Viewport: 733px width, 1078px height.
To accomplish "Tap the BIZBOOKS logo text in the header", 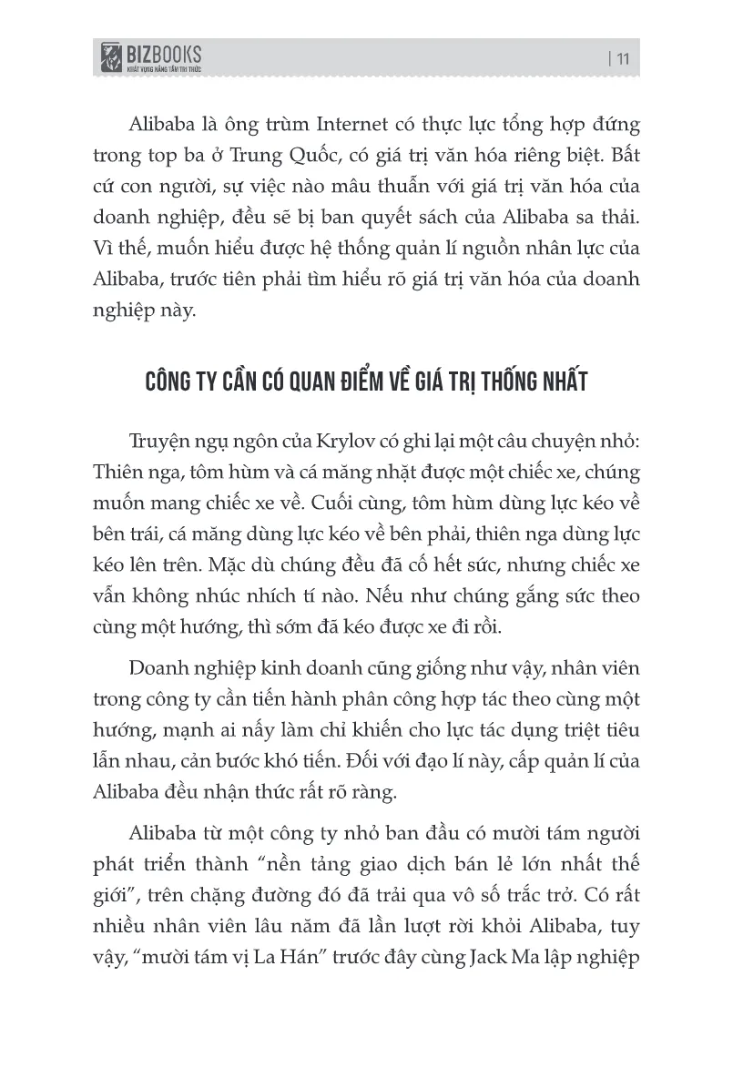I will click(165, 54).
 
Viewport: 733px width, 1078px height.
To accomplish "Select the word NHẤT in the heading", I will click(555, 381).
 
